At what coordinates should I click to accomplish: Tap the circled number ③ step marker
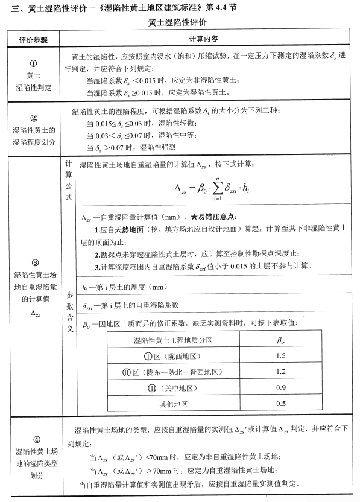click(x=34, y=262)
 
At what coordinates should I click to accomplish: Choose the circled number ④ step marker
click(x=34, y=440)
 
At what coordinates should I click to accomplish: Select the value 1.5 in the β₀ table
click(x=280, y=355)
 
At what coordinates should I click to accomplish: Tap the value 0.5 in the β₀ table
click(x=280, y=403)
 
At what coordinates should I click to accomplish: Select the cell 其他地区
click(x=174, y=403)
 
